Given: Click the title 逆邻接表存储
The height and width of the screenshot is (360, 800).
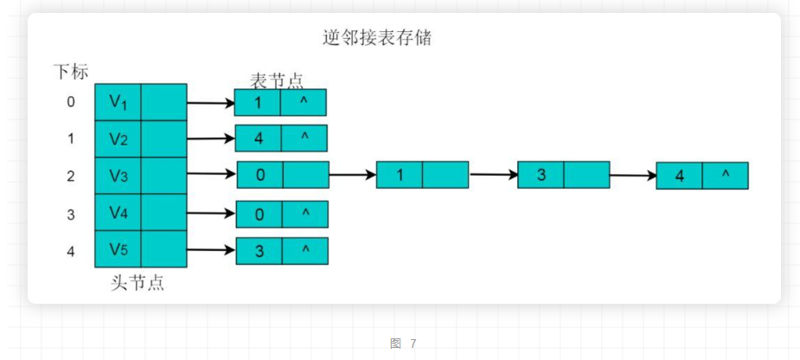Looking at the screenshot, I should point(376,39).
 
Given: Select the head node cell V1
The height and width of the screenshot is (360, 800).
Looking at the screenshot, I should point(118,101).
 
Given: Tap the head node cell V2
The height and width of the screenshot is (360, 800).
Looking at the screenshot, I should point(118,138).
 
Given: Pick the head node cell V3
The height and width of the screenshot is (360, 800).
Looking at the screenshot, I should point(118,176).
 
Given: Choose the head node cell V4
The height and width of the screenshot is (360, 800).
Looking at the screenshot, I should point(118,212).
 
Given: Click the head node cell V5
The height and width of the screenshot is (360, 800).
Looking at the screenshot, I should point(118,249).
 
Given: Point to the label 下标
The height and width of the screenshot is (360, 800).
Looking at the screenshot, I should point(70,72).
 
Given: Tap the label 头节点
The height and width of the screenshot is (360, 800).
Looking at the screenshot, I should point(138,283).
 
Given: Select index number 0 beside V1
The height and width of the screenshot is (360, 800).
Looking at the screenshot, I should point(71,102).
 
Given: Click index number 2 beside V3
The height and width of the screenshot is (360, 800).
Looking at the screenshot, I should point(71,176).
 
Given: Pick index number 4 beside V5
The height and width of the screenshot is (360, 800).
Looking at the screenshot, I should point(71,250).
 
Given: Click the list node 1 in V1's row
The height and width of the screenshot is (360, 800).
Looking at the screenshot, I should point(259,102).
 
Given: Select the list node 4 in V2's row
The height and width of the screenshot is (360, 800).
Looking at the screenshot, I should point(259,138).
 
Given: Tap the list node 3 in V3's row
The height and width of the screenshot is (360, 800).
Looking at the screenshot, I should point(541,175).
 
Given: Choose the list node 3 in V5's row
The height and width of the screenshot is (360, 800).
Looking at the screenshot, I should point(259,251).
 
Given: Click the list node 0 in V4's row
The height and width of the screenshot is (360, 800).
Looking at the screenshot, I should point(259,214).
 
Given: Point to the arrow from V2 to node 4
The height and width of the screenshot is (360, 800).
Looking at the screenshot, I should point(211,138).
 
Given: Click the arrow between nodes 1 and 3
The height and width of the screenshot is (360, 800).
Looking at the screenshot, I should point(493,175).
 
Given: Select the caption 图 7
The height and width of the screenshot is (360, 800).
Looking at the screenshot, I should point(403,344).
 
